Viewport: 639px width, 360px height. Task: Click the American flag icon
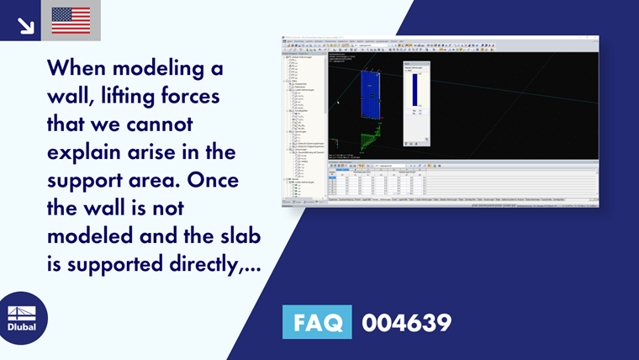pos(71,20)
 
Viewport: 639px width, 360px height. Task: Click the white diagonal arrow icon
pos(25,25)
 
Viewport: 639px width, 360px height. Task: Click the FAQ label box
pos(317,322)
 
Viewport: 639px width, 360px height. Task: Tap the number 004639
pos(406,322)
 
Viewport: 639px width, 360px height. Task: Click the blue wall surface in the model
pos(372,93)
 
